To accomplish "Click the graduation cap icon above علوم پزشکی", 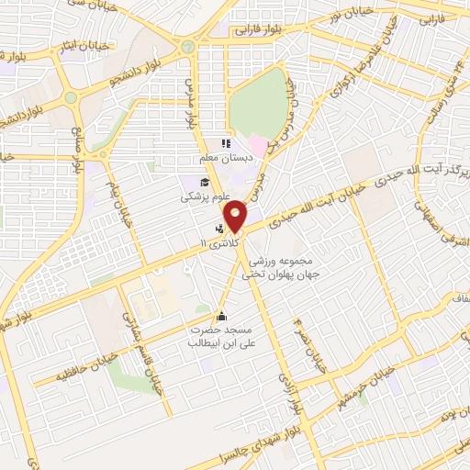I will coord(204,181).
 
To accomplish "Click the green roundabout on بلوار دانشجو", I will coord(71,98).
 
